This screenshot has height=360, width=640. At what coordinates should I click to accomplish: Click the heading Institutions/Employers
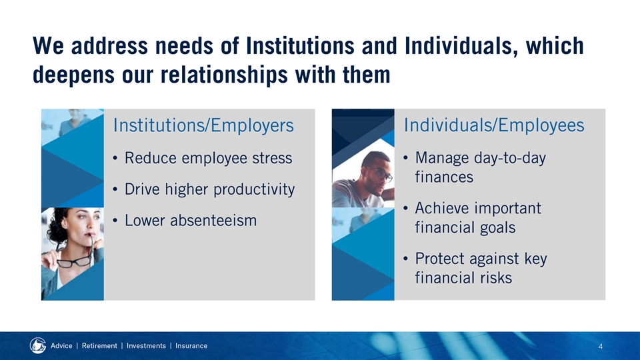(x=203, y=125)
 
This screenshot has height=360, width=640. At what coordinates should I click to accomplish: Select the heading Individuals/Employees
(x=494, y=125)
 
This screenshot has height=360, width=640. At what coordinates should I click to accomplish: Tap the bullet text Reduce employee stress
(x=208, y=158)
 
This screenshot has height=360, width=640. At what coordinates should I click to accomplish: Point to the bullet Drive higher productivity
(x=209, y=189)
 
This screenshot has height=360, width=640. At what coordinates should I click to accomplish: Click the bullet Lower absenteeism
(x=191, y=221)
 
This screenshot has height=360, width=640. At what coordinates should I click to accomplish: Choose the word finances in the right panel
(x=444, y=177)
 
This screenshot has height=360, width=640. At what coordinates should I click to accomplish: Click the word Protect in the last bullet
(x=439, y=259)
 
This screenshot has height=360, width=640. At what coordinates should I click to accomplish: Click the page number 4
(x=601, y=347)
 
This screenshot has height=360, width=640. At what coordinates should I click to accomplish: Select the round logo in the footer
(x=37, y=346)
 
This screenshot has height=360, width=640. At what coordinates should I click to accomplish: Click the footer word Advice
(x=61, y=346)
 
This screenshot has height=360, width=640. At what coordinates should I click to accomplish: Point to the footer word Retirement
(x=99, y=346)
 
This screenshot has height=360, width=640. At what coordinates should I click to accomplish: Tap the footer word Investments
(x=146, y=346)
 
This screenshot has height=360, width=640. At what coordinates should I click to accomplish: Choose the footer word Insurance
(x=191, y=346)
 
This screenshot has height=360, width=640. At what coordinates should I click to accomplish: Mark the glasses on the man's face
(x=381, y=173)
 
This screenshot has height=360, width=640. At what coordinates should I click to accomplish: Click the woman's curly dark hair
(x=57, y=225)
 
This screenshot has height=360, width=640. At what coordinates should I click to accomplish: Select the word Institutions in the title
(x=301, y=46)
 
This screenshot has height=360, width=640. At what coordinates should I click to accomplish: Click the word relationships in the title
(x=225, y=75)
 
